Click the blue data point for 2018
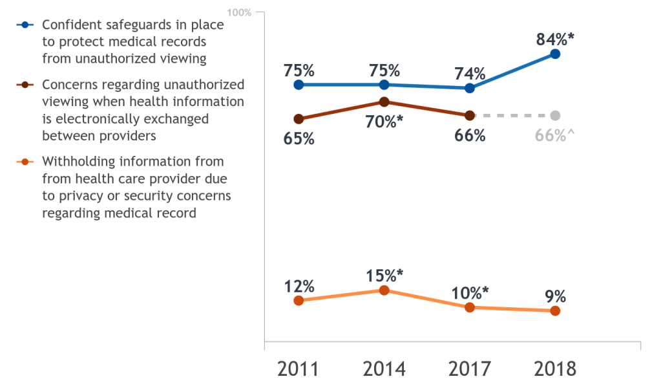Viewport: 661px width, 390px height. click(x=554, y=54)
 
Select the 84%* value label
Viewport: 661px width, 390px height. click(x=555, y=39)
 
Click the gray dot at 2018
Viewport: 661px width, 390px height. click(x=554, y=115)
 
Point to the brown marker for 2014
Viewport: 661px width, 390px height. click(x=384, y=102)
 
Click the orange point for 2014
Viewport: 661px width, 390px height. click(x=384, y=290)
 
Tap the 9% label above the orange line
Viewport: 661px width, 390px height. click(x=554, y=296)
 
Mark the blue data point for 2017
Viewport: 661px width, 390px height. click(x=469, y=88)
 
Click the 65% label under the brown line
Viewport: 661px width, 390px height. click(x=299, y=138)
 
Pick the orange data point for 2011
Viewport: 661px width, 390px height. click(x=298, y=301)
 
